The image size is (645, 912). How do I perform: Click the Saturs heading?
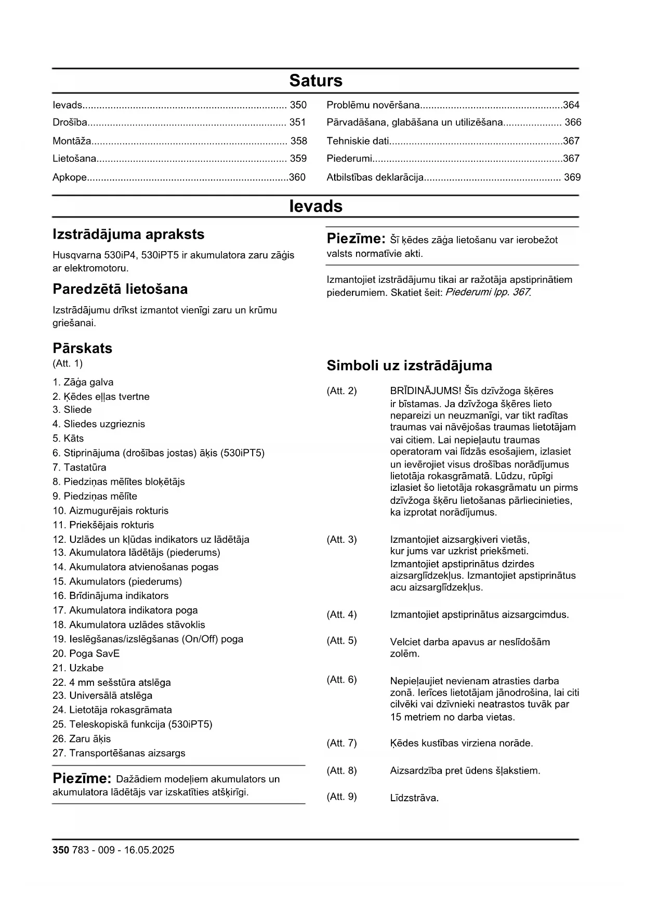tap(315, 81)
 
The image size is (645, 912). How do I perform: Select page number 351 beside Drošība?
tap(298, 123)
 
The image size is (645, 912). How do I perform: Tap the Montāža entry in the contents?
tap(72, 141)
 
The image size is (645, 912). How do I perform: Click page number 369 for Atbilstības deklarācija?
tap(572, 177)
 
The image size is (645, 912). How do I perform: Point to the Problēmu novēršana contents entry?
tap(373, 105)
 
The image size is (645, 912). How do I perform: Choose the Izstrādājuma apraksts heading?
tap(128, 234)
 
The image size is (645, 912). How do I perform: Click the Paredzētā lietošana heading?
tap(120, 289)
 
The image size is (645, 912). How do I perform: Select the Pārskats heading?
tap(82, 348)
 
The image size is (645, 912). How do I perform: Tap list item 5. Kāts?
tap(68, 438)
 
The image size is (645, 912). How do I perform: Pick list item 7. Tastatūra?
tap(80, 467)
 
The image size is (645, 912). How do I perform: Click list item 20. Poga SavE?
tap(86, 654)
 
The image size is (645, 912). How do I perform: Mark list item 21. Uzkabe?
tap(78, 668)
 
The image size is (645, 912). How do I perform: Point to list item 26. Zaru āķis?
tap(82, 739)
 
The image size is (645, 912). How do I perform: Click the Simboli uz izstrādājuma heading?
tap(409, 366)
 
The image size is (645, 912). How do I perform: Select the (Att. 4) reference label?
tap(341, 615)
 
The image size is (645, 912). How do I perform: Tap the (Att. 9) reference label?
tap(341, 797)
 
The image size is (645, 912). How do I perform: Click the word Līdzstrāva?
tap(414, 798)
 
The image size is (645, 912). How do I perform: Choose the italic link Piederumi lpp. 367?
tap(488, 292)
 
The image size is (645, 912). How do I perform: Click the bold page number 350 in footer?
tap(60, 850)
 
